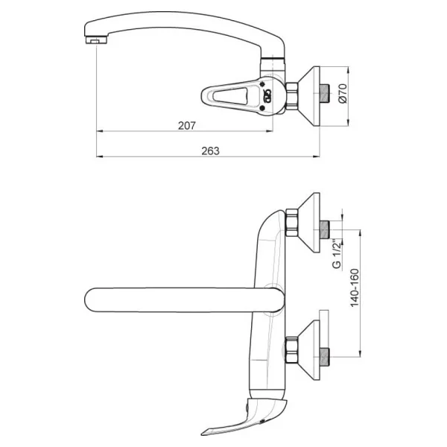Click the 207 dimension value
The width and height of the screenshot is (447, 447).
tap(187, 125)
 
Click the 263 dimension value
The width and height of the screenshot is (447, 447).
tap(210, 150)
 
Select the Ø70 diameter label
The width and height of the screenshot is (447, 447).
tap(343, 93)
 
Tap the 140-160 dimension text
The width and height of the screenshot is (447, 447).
tap(355, 288)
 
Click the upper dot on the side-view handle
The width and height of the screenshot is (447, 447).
tap(262, 84)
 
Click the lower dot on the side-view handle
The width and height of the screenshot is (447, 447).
tap(262, 108)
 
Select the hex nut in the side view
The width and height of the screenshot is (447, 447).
tap(291, 96)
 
